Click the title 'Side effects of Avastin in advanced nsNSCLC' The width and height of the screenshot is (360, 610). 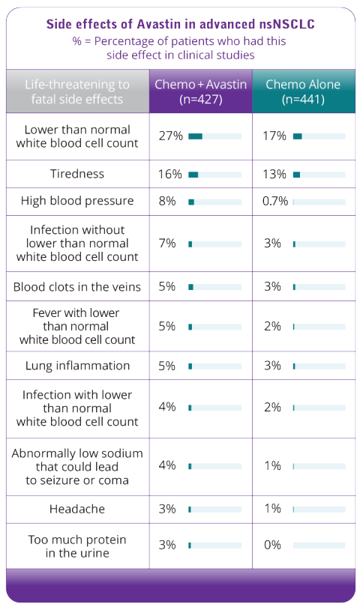pos(181,24)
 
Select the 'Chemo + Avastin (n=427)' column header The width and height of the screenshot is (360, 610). pos(201,91)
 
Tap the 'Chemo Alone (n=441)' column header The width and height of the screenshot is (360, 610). pos(304,91)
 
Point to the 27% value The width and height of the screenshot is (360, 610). pos(170,136)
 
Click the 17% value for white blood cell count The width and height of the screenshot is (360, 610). pos(274,136)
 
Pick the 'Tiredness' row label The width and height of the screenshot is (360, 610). pos(77,174)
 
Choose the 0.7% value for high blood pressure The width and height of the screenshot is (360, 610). pos(275,201)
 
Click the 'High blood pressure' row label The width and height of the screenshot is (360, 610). pos(77,201)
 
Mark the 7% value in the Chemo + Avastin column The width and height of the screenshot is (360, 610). pos(167,243)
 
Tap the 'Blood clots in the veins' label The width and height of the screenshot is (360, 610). pos(77,287)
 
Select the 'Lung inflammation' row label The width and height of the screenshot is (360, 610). pos(77,366)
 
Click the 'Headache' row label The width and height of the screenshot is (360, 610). pos(77,509)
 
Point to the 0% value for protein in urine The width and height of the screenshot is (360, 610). pos(272,545)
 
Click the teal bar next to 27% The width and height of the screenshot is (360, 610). pos(195,136)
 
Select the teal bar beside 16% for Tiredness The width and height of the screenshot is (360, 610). pos(193,175)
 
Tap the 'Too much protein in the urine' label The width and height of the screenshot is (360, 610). pos(77,546)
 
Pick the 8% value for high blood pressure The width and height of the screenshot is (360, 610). pos(167,201)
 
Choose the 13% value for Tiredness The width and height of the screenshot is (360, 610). pos(274,174)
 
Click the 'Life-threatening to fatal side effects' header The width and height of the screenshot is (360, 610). pos(77,91)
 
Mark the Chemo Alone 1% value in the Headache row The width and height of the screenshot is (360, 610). pos(272,509)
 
